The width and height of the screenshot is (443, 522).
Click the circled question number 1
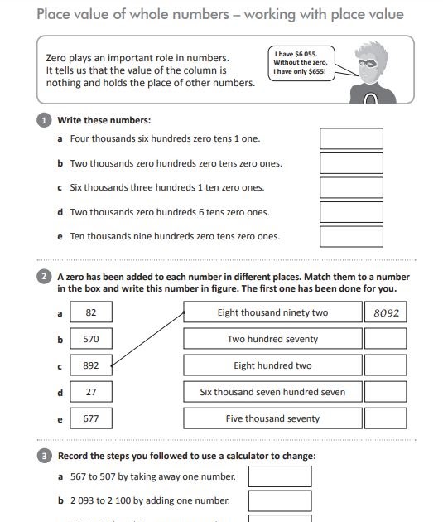click(45, 120)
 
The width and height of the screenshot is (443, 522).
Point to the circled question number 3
click(45, 456)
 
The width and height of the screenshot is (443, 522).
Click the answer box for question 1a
click(351, 138)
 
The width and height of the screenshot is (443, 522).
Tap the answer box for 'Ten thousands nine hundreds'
click(351, 236)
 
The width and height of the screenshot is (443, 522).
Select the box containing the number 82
click(91, 312)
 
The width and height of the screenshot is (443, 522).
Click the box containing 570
click(91, 339)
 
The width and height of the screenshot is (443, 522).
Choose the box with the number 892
click(91, 365)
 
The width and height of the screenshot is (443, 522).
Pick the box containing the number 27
click(91, 392)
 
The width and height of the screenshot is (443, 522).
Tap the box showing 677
click(91, 418)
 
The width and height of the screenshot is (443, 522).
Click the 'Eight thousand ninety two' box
click(272, 312)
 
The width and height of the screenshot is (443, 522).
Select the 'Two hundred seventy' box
click(272, 339)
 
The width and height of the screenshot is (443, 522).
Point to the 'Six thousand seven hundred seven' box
click(272, 392)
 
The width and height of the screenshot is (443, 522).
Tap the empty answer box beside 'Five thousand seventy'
click(385, 418)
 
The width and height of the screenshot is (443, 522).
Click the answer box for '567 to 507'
click(280, 476)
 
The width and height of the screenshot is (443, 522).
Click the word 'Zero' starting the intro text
click(58, 58)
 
